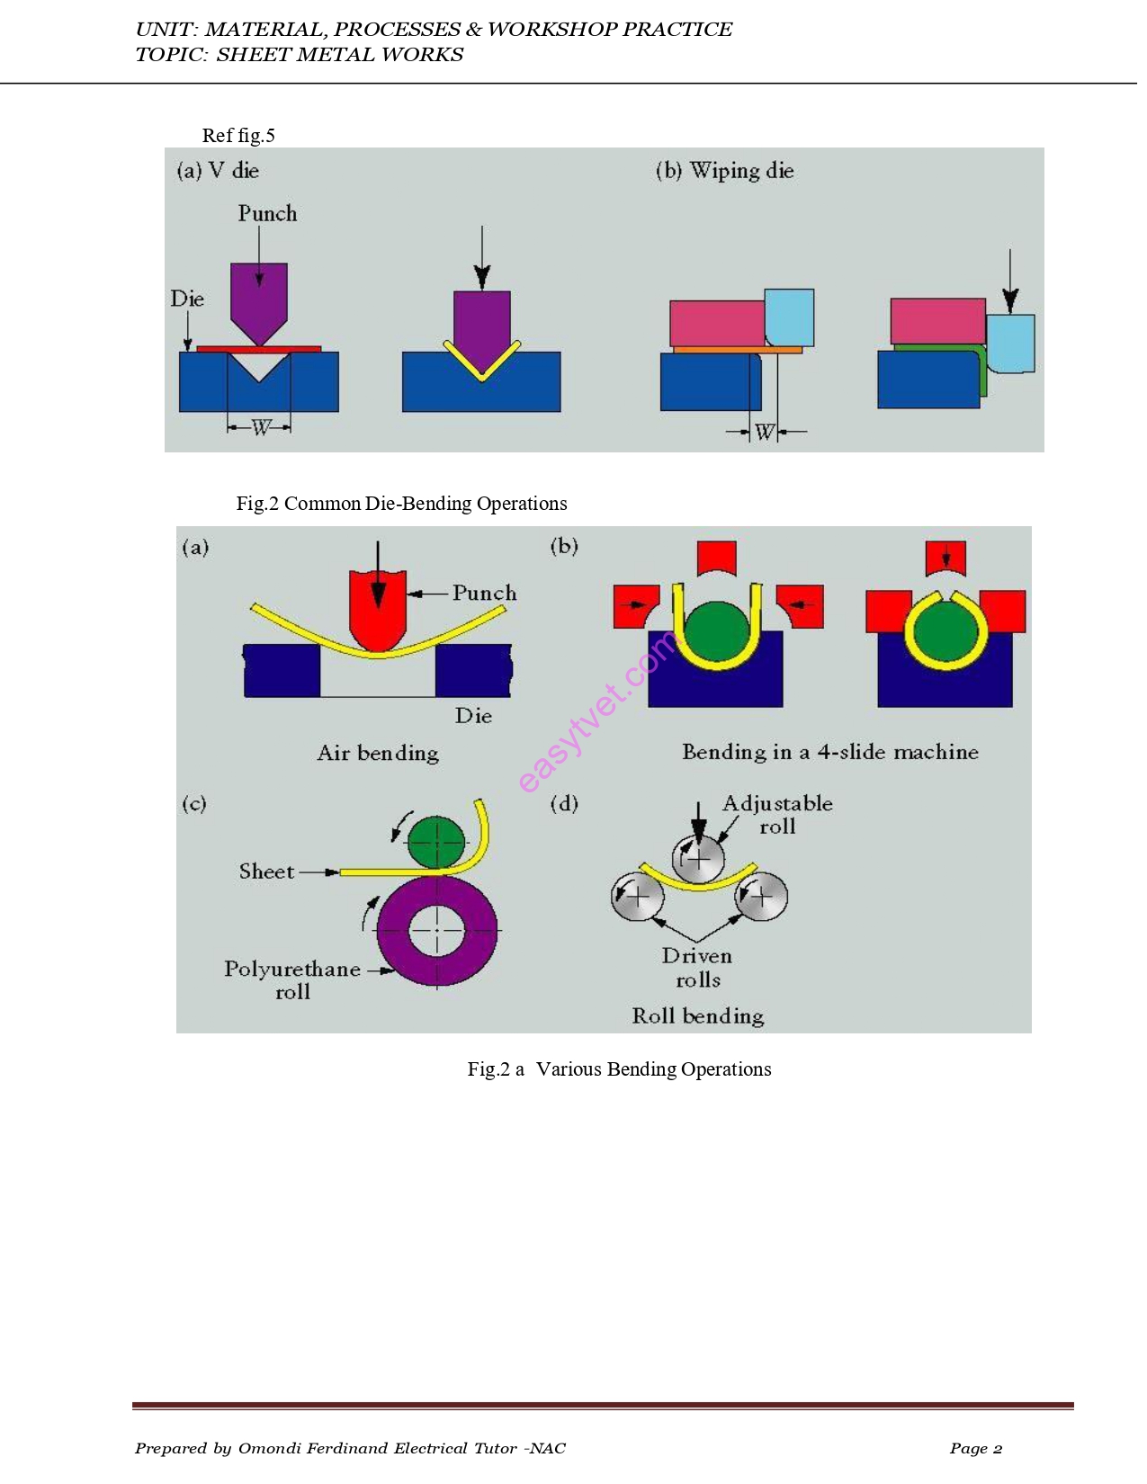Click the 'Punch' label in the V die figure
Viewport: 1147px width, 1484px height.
click(x=267, y=214)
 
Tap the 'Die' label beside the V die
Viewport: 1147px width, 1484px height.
click(x=187, y=299)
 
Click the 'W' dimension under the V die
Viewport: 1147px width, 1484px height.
click(x=260, y=428)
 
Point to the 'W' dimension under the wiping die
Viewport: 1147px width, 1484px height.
click(x=764, y=433)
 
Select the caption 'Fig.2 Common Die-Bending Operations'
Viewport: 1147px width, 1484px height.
click(x=401, y=504)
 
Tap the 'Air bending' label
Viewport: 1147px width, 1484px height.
click(x=378, y=753)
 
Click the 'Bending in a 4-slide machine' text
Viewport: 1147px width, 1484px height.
click(x=829, y=752)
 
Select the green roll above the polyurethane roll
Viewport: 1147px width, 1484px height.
click(x=436, y=843)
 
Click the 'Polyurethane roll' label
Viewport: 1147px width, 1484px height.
click(x=292, y=980)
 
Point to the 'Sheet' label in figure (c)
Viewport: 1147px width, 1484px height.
click(x=266, y=872)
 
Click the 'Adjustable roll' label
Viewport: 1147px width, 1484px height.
click(x=777, y=815)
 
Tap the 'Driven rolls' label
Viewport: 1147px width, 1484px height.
click(x=697, y=968)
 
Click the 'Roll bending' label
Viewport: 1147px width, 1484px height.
click(x=697, y=1016)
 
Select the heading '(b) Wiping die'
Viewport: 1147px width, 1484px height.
click(x=725, y=171)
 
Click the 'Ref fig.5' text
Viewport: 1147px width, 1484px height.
click(x=238, y=136)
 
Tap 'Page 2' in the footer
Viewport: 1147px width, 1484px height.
click(x=975, y=1448)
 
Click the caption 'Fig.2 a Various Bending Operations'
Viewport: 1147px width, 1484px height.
click(x=619, y=1069)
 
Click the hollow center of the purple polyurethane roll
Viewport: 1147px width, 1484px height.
click(x=436, y=931)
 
